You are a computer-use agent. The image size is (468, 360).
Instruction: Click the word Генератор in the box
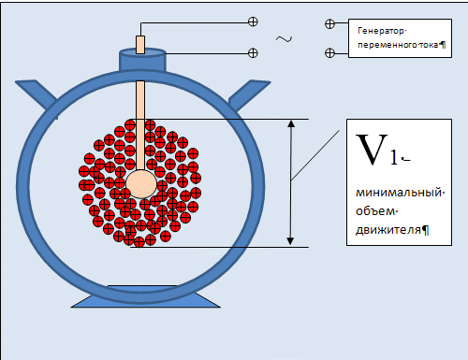tap(381, 31)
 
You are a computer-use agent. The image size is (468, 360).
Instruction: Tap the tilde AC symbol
tap(284, 39)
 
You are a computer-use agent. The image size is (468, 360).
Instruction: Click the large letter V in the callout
tap(372, 150)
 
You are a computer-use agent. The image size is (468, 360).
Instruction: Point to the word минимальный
tap(399, 193)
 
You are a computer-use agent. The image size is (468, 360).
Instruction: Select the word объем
tap(375, 211)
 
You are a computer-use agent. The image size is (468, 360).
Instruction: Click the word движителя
tap(388, 230)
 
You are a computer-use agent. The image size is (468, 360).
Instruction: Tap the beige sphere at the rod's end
tap(141, 184)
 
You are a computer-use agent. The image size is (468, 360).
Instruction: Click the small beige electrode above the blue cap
tap(140, 45)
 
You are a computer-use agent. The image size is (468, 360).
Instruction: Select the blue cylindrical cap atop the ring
tap(142, 60)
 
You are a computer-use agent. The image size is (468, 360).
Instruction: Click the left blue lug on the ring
tap(37, 94)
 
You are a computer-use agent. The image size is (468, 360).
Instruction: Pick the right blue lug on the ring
tap(249, 95)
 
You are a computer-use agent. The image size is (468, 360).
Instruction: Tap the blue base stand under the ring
tap(146, 296)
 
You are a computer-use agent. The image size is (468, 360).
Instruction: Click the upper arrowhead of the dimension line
tap(291, 123)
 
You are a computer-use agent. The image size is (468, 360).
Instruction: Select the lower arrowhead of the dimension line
tap(290, 241)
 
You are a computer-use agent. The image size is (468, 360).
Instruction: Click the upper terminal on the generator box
tap(329, 24)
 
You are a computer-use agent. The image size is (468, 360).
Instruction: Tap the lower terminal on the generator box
tap(329, 52)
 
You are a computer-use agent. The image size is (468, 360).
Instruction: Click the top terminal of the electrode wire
tap(253, 22)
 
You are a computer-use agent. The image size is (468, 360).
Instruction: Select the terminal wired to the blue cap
tap(253, 53)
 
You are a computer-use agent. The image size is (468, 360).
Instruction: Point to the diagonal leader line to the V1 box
tap(315, 155)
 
